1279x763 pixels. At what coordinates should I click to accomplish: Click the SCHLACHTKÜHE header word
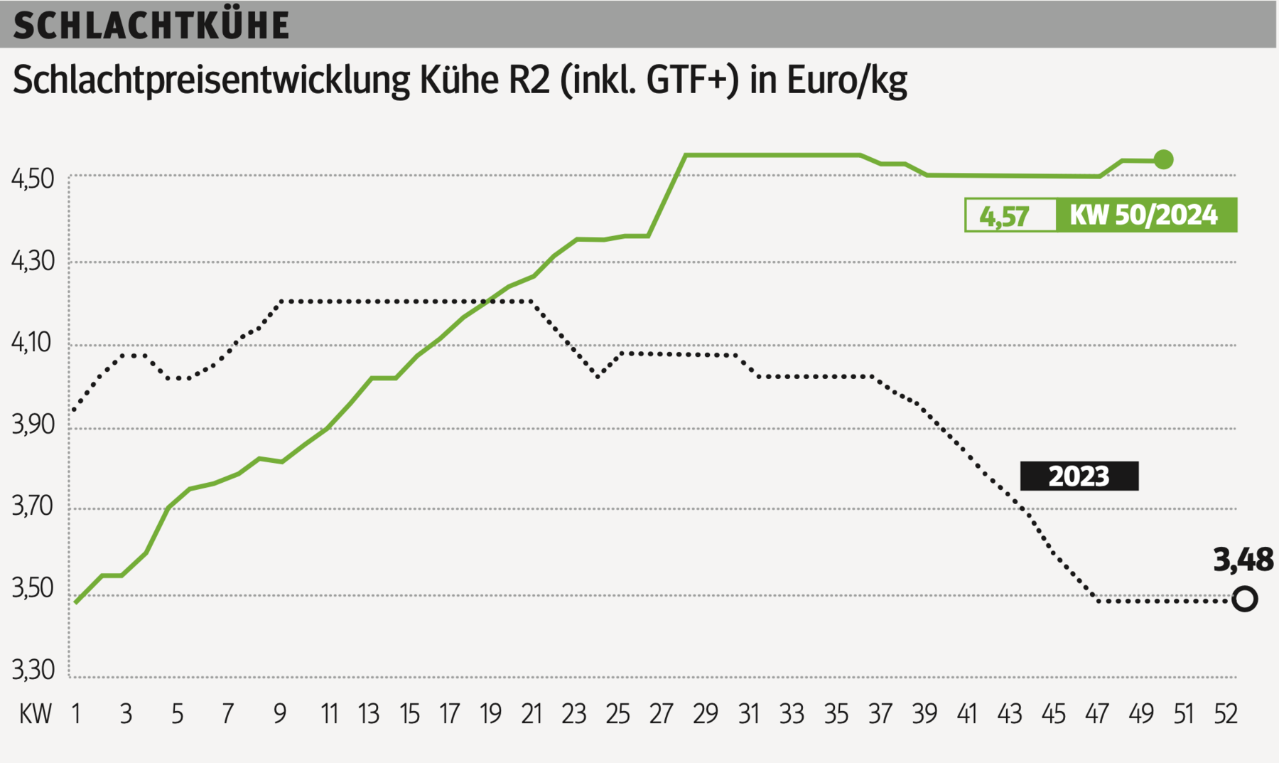(x=151, y=26)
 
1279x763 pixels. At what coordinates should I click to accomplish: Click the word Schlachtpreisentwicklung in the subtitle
(x=211, y=80)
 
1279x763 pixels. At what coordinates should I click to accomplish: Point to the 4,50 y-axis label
(x=33, y=178)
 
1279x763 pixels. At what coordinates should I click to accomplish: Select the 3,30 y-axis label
(x=33, y=670)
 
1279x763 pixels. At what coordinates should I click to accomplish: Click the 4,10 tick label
(x=33, y=343)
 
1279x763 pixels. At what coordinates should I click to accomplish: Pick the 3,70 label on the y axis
(x=33, y=507)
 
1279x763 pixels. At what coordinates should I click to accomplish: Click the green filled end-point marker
(x=1163, y=160)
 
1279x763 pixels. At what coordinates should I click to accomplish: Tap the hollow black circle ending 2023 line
(x=1244, y=599)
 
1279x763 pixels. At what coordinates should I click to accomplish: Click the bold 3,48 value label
(x=1243, y=560)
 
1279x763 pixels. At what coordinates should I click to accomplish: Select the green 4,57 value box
(x=1004, y=215)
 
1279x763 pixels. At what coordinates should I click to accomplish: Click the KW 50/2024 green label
(x=1143, y=215)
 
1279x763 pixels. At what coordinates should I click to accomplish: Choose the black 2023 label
(x=1079, y=476)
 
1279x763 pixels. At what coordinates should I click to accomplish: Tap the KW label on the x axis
(x=36, y=714)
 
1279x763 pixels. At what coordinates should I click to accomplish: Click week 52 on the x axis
(x=1226, y=714)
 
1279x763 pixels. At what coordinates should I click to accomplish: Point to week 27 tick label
(x=662, y=714)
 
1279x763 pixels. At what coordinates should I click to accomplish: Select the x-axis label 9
(x=280, y=714)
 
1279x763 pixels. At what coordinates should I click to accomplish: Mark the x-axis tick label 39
(x=924, y=714)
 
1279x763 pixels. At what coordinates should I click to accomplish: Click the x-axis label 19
(x=490, y=714)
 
